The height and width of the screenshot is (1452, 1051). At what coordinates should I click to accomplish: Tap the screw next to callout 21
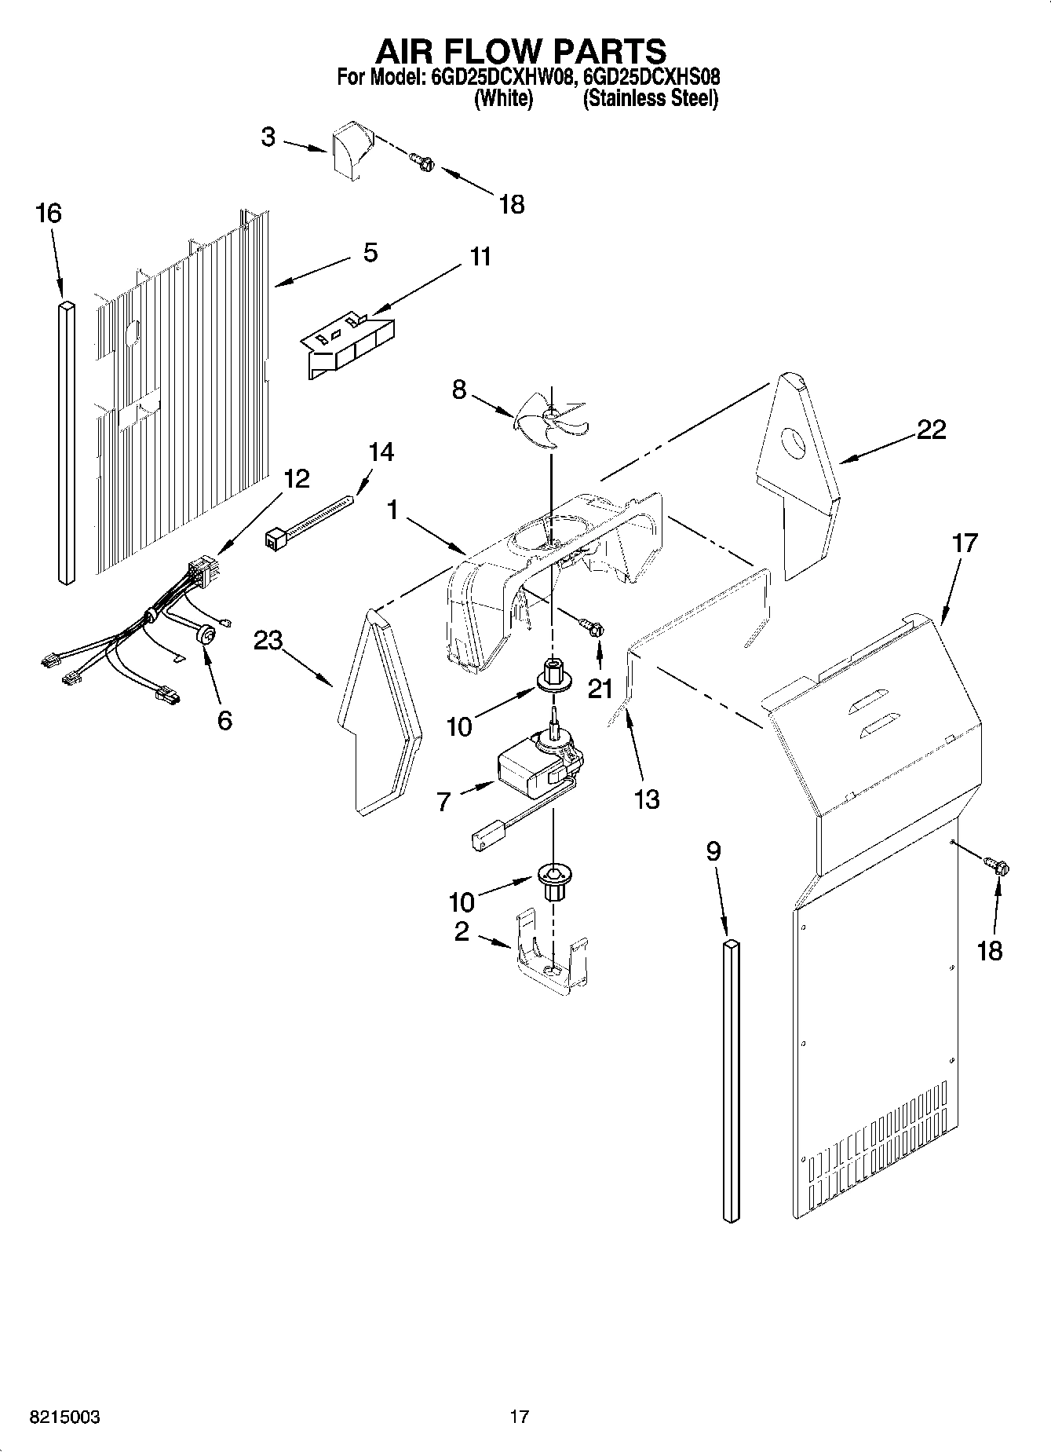point(591,625)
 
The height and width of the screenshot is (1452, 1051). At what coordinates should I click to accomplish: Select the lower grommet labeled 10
point(553,880)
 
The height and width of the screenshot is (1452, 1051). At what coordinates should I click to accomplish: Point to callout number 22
point(931,430)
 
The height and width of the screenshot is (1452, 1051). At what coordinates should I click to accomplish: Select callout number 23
point(268,641)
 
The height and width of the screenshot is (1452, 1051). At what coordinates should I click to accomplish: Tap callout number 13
point(647,799)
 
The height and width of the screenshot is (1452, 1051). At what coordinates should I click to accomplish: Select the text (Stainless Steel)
point(650,99)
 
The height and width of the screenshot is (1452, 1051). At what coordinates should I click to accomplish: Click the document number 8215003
point(64,1417)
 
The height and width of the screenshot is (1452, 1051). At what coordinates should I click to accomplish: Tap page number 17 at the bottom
point(519,1417)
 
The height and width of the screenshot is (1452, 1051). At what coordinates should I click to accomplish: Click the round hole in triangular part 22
point(794,444)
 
